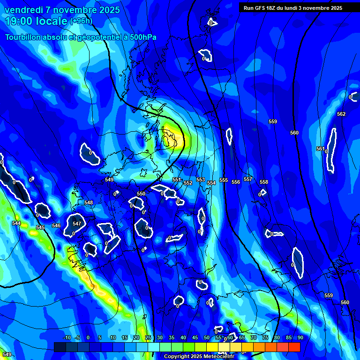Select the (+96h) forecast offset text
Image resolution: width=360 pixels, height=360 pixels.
tap(81, 21)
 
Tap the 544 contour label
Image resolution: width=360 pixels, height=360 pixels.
tap(16, 224)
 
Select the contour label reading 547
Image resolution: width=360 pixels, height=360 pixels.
tap(77, 224)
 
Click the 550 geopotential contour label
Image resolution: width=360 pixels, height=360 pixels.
tap(141, 194)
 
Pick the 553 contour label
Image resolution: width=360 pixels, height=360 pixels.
tap(201, 180)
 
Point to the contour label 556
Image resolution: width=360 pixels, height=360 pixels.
tap(236, 182)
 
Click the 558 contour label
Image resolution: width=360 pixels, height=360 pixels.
tap(264, 182)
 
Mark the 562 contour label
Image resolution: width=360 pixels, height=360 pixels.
tap(341, 114)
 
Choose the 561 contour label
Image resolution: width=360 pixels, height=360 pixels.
tap(320, 149)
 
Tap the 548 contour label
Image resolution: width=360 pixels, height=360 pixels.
tap(89, 202)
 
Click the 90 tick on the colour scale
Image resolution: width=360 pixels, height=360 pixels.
tap(300, 337)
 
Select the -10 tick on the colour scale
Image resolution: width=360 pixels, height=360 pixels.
tap(67, 337)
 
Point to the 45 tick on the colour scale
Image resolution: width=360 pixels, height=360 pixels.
tap(195, 337)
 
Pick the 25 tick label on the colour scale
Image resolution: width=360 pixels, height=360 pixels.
tap(148, 337)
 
